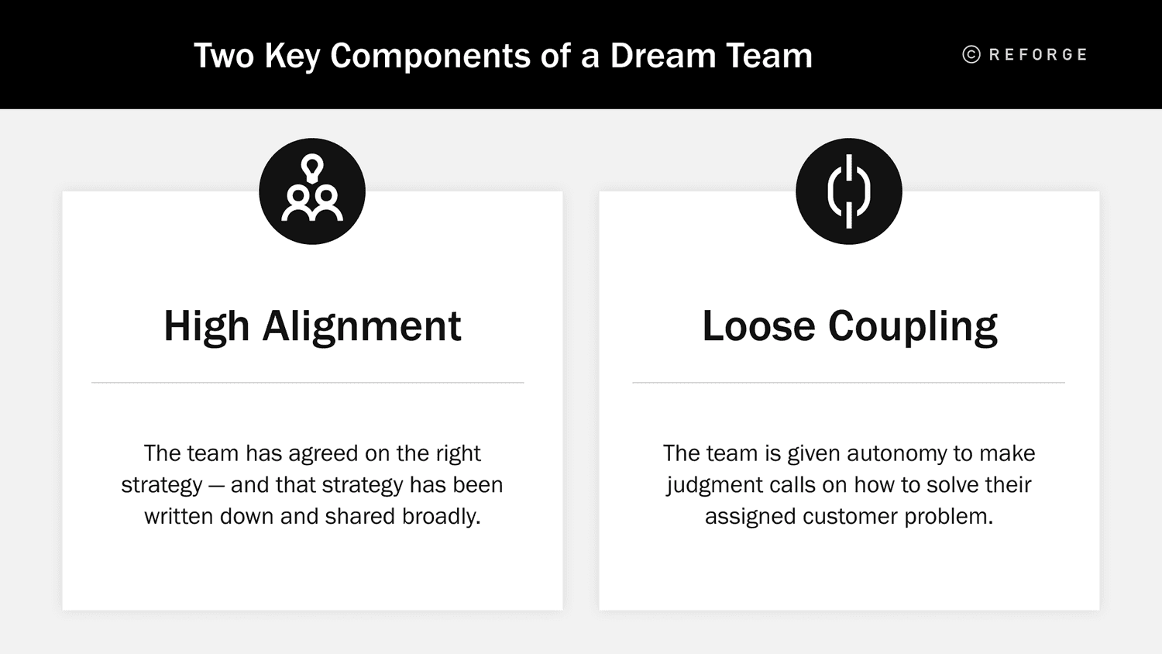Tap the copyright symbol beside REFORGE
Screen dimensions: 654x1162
[971, 54]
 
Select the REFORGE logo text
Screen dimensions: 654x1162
[1038, 54]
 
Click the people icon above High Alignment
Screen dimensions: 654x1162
[312, 191]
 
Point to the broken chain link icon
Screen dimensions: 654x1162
[849, 191]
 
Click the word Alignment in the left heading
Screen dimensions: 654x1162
[361, 326]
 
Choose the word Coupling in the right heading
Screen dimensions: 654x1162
[913, 326]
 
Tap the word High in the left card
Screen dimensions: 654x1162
[207, 326]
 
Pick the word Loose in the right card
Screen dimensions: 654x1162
[758, 326]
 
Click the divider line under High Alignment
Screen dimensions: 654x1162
[308, 383]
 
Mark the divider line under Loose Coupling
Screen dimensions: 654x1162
[848, 383]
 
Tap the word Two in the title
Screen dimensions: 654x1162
[224, 56]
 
